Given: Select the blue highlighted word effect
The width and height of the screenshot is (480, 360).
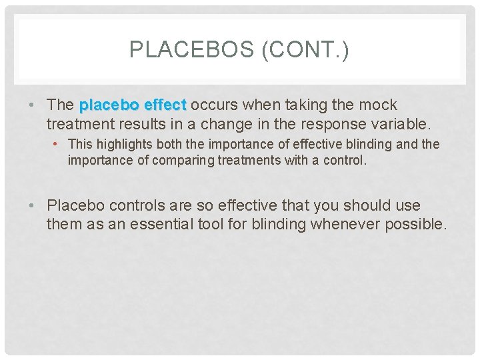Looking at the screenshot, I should [164, 105].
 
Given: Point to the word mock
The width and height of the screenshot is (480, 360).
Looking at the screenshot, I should [378, 105].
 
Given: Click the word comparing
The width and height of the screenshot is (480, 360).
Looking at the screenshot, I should [178, 160].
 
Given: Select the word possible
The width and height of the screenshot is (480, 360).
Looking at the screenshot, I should [415, 225].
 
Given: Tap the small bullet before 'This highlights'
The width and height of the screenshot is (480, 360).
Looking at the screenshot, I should [61, 144].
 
